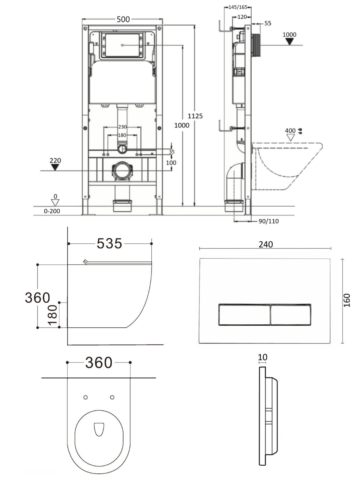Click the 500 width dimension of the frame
[x=123, y=19]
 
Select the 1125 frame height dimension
[x=195, y=116]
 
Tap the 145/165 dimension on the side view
[x=238, y=7]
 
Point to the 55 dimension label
[x=268, y=23]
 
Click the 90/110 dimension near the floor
[x=268, y=221]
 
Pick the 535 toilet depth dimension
[x=109, y=243]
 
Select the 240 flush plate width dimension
[x=266, y=244]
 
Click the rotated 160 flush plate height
[x=347, y=300]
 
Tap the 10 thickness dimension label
[x=262, y=357]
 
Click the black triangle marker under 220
[x=55, y=167]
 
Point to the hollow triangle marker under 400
[x=291, y=137]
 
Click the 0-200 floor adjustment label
[x=52, y=211]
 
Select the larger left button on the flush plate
[x=244, y=315]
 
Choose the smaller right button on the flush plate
[x=291, y=315]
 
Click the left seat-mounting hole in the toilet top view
[x=85, y=397]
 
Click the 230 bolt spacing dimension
[x=122, y=127]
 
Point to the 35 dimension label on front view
[x=172, y=151]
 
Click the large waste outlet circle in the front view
[x=122, y=171]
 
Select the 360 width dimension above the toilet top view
[x=99, y=363]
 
